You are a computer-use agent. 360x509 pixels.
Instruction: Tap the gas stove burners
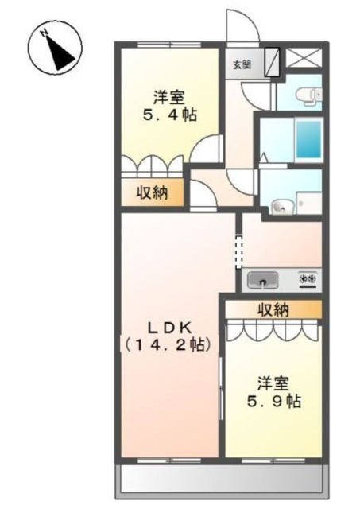308,279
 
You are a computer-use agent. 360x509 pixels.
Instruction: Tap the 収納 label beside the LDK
153,192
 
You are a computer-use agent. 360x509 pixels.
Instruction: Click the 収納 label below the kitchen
273,309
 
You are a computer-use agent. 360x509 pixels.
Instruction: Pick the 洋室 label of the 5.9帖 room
273,380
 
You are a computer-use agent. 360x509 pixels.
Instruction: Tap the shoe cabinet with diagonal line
273,61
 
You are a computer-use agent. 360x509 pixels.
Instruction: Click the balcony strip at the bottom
222,480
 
